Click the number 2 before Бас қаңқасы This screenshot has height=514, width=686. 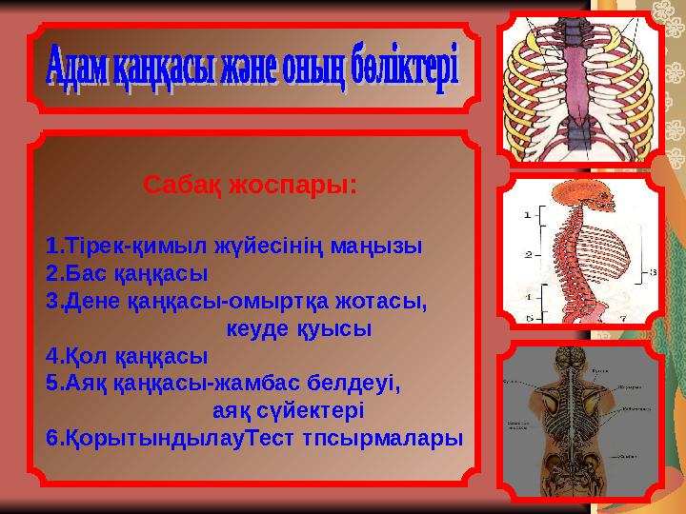[51, 274]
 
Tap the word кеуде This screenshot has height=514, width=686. [258, 329]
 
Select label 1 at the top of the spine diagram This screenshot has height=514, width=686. [528, 215]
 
